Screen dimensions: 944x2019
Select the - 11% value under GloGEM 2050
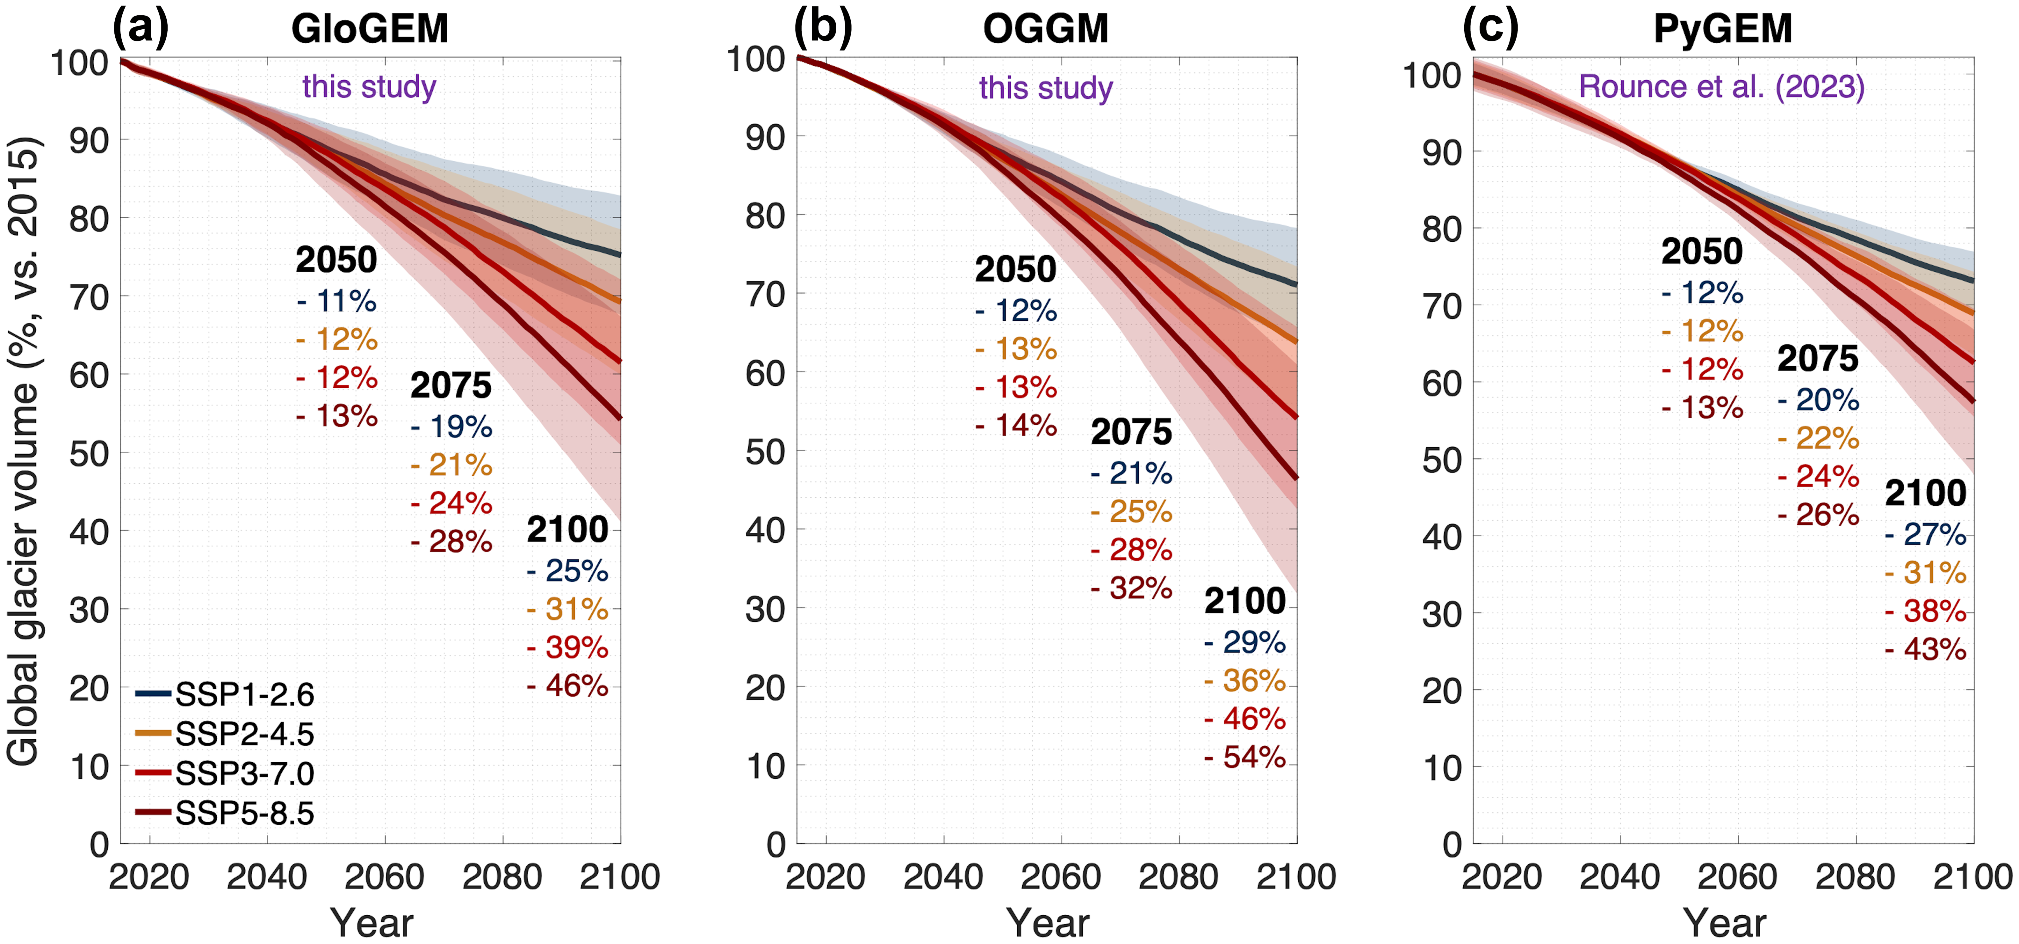(x=337, y=301)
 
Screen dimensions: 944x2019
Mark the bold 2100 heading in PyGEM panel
(x=1926, y=493)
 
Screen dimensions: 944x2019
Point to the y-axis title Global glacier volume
(x=24, y=451)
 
